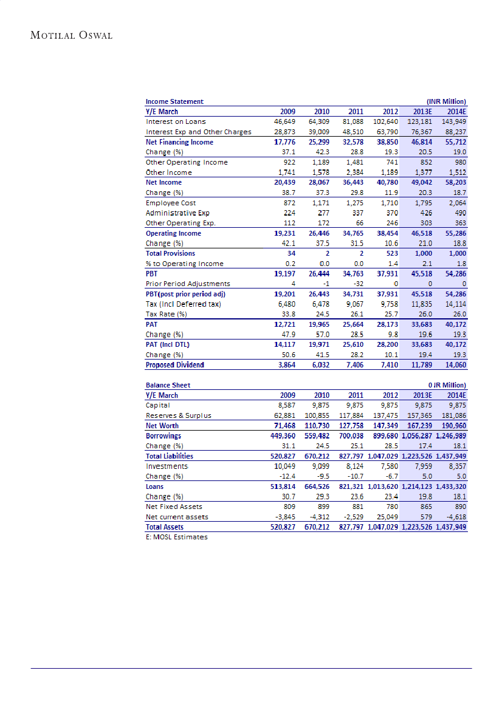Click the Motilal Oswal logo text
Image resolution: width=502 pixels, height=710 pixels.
[x=71, y=35]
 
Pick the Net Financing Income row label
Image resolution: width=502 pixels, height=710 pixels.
[x=179, y=142]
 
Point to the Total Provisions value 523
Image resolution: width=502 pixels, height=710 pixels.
[x=390, y=253]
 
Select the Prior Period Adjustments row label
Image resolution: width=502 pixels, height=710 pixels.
[x=188, y=284]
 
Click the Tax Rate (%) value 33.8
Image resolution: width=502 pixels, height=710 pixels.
[x=287, y=314]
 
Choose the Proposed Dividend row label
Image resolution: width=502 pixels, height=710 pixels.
[x=174, y=365]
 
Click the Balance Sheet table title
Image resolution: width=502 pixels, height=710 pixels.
[x=168, y=385]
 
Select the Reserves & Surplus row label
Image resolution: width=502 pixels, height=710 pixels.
[x=178, y=415]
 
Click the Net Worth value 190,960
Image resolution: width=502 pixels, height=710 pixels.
[x=453, y=426]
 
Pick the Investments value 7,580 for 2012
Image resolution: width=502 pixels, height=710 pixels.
[x=387, y=466]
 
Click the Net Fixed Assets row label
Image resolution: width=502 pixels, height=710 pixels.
[x=174, y=507]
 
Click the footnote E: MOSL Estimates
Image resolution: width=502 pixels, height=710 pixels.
[x=176, y=537]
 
